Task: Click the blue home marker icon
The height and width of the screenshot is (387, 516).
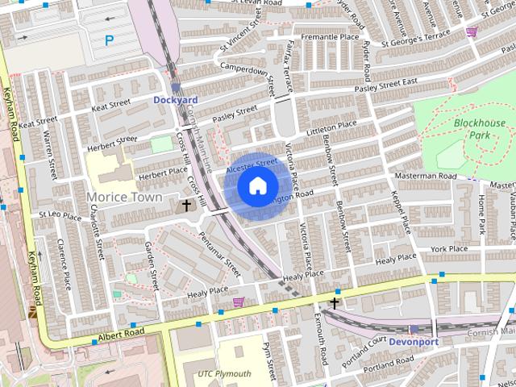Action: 257,186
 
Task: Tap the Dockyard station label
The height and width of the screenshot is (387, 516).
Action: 175,100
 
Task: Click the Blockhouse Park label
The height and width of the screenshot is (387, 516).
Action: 479,129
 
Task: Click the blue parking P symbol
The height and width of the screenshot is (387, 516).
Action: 110,39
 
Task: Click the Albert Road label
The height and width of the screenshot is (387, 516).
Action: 121,333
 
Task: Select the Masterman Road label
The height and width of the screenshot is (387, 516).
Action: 426,176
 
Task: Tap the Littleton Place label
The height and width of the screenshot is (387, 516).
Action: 331,127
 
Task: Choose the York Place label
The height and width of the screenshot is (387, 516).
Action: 449,250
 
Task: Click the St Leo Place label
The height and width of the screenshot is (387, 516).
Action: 60,217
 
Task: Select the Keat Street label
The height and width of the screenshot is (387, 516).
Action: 110,105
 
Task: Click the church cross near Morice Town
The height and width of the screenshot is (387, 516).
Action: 187,206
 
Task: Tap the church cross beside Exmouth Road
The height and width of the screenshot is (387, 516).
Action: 333,303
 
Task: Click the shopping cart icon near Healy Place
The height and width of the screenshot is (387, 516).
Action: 239,302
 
